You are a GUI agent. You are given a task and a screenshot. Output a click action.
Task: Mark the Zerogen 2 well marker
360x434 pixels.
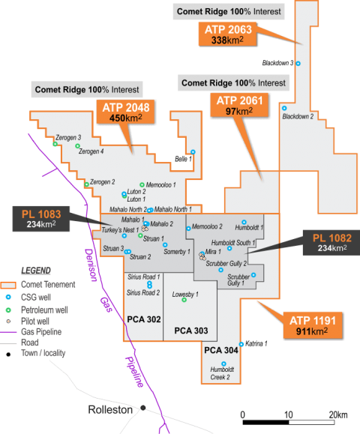coord(86,184)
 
